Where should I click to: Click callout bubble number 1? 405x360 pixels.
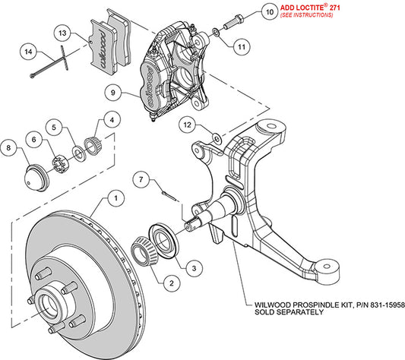point(114,198)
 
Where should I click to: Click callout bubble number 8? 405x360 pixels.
point(10,147)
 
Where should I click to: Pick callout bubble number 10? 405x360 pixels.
point(269,11)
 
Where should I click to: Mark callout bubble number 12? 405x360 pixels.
point(187,123)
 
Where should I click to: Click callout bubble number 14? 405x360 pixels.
point(28,52)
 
